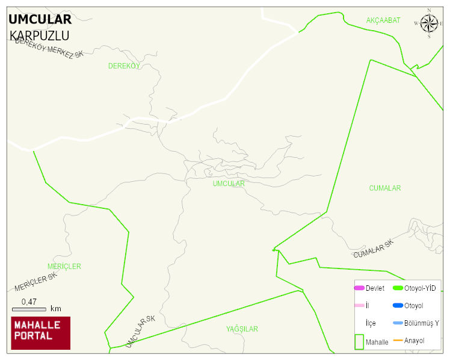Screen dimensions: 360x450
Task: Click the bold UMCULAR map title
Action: coord(40,19)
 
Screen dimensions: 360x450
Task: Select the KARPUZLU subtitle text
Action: coord(40,36)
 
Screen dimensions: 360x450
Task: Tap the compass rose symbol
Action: coord(429,23)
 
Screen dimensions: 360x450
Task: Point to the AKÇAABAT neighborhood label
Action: coord(383,20)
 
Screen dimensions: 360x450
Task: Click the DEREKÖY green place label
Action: coord(124,66)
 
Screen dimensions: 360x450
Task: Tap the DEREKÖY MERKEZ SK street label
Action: coord(49,48)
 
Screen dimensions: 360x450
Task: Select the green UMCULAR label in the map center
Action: coord(229,184)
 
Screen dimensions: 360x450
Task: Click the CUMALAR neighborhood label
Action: coord(384,188)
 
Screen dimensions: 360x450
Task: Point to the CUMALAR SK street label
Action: coord(373,249)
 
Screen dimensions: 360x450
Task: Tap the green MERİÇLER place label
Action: coord(64,266)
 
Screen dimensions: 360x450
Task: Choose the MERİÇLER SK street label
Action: coord(35,282)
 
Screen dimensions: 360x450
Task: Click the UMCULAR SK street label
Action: coord(141,331)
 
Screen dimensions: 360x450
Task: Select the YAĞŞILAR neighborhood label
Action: coord(242,329)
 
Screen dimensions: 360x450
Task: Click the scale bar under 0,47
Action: coord(29,309)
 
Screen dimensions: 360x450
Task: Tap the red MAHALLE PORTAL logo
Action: coord(40,333)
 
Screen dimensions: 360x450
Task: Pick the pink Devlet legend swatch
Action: coord(359,288)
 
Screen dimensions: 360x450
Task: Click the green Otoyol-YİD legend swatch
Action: coord(398,288)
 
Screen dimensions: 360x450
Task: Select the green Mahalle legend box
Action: coord(359,341)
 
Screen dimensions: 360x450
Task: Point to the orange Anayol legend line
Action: coord(398,341)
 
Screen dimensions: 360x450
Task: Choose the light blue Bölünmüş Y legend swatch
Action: coord(398,323)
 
